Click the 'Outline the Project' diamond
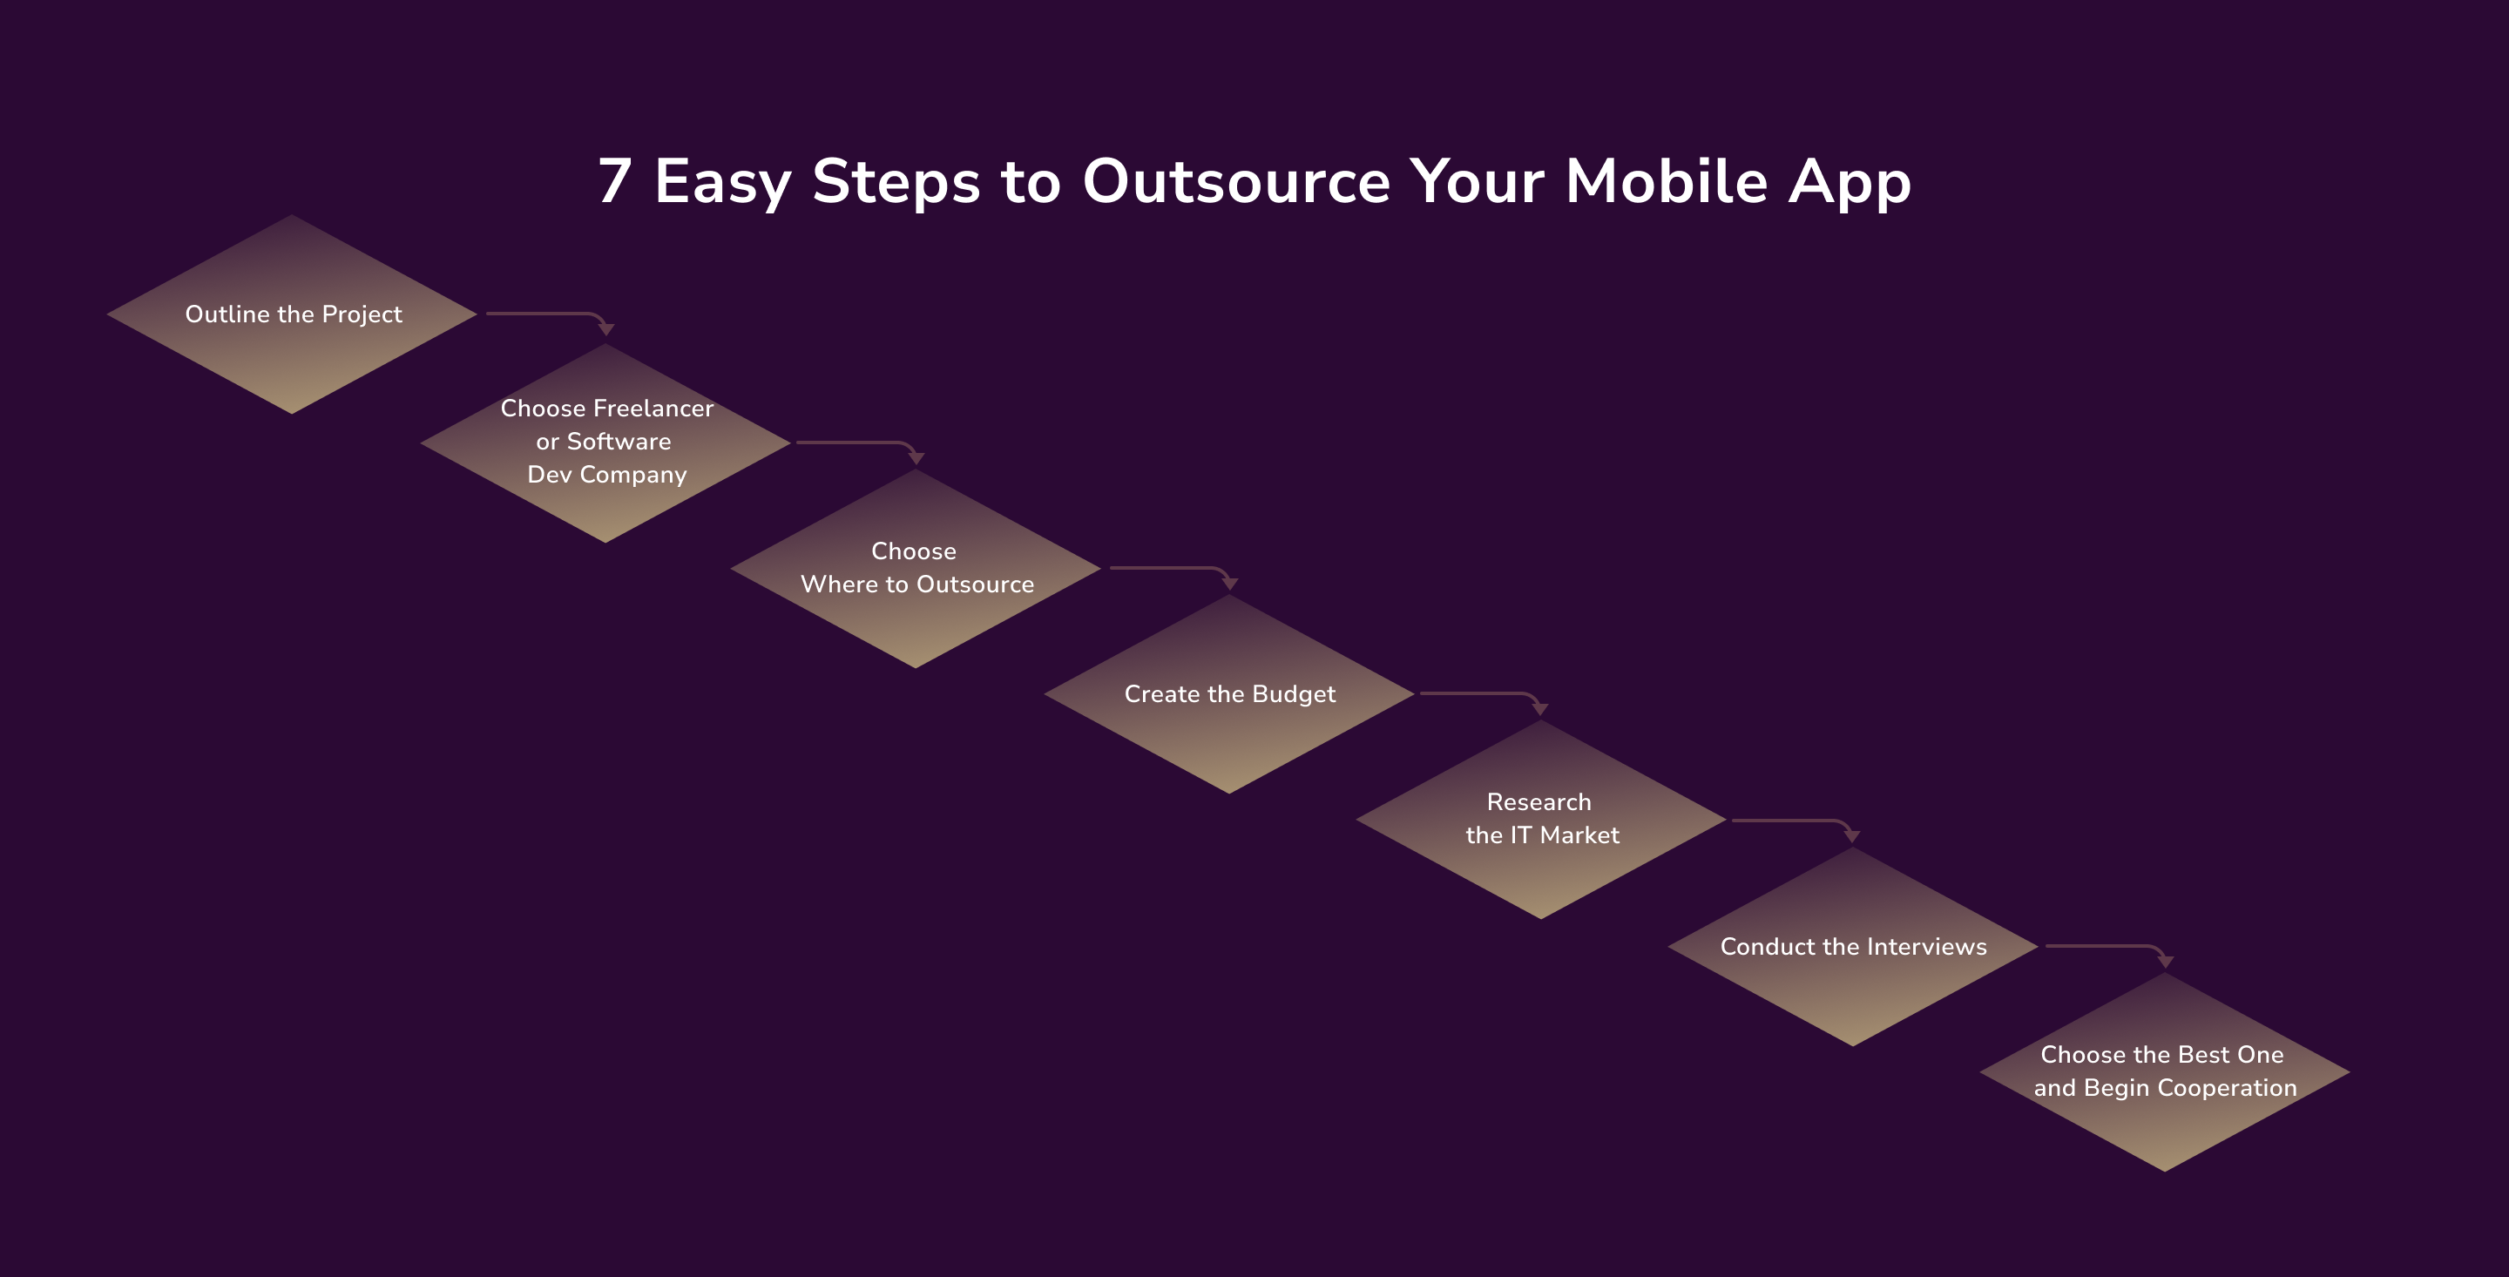point(292,314)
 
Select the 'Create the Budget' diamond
point(1229,693)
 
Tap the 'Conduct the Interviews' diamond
point(1852,946)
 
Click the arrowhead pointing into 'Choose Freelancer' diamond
point(605,329)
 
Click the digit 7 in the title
point(616,181)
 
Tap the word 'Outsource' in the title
point(1236,181)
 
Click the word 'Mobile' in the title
point(1667,181)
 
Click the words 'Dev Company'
point(607,475)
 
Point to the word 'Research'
point(1539,801)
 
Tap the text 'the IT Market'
point(1543,834)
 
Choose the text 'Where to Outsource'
point(917,584)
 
